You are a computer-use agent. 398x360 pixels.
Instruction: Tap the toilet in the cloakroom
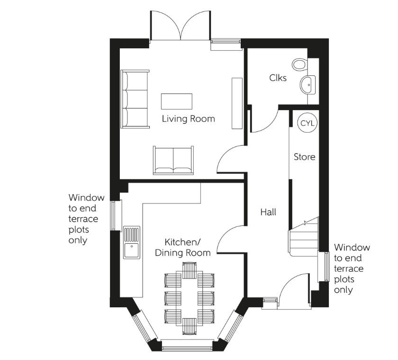299,64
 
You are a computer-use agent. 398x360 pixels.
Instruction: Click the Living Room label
188,119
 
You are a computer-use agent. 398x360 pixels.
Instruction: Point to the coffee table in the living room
177,101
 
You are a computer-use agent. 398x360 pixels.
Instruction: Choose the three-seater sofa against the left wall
135,99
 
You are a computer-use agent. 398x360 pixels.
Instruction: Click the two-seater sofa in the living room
173,160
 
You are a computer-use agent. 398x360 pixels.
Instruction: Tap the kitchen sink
132,242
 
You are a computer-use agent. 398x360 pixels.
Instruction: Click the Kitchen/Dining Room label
183,247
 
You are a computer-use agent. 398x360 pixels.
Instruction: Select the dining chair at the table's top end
189,270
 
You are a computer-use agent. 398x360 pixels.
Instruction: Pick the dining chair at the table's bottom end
189,326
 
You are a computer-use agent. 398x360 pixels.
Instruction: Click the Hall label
268,212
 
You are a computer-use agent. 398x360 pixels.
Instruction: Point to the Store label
304,157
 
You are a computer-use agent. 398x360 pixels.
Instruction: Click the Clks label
278,78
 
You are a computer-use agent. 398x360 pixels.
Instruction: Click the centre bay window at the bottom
189,345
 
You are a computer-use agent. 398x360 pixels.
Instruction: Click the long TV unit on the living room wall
237,103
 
